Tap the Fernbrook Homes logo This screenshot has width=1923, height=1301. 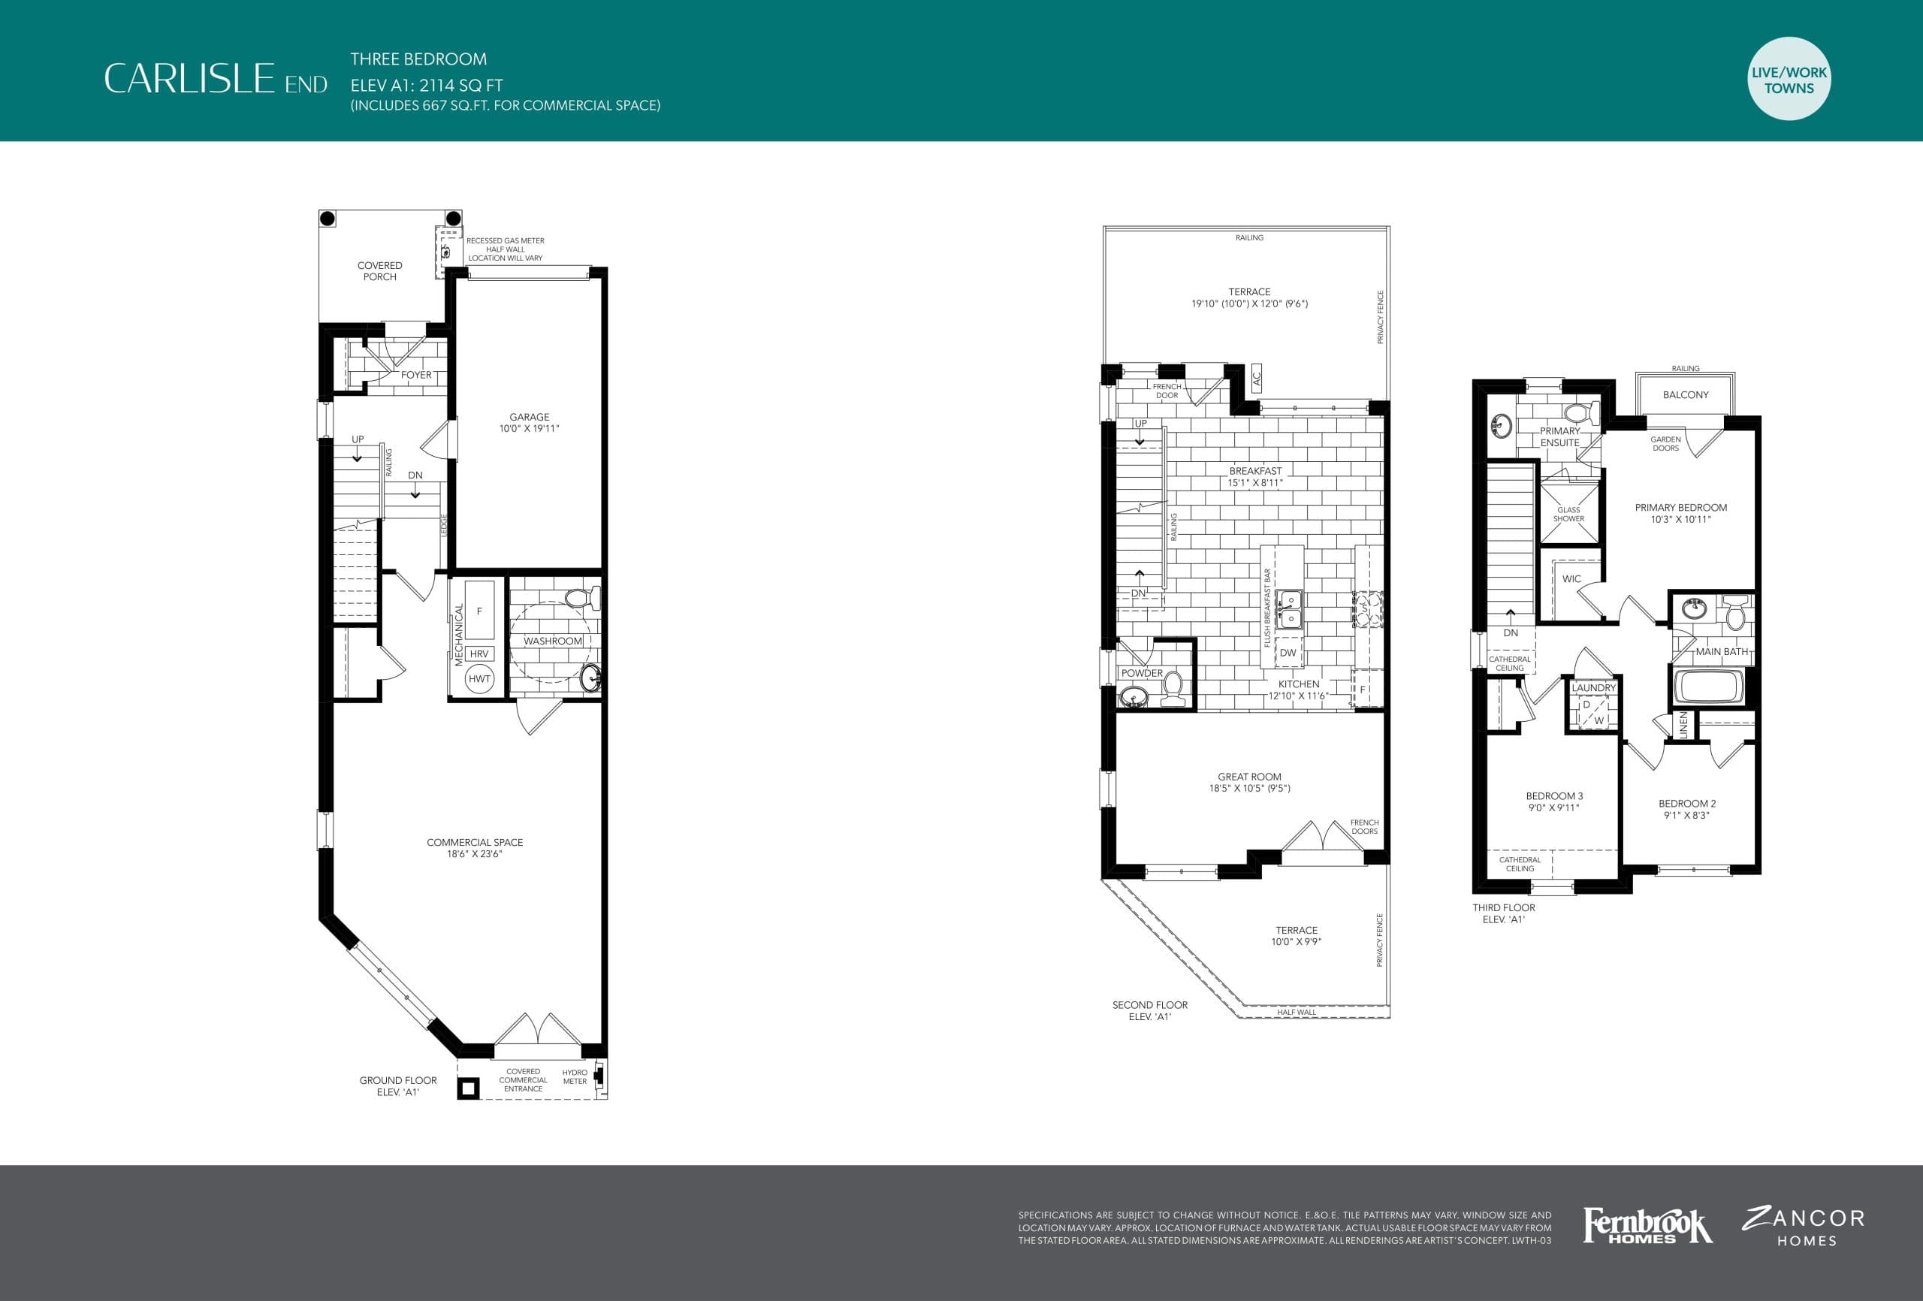[x=1647, y=1226]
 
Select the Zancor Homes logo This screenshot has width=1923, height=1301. [x=1804, y=1227]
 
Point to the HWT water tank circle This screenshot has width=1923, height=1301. [x=479, y=678]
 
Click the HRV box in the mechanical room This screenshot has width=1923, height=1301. [x=479, y=654]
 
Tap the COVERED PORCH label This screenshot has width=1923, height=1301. [x=380, y=270]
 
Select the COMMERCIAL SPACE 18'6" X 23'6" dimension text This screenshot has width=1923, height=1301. [x=474, y=853]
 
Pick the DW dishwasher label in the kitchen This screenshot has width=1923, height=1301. [x=1288, y=652]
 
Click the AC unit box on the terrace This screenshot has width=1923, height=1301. [x=1256, y=379]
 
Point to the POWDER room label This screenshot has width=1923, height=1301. [x=1141, y=673]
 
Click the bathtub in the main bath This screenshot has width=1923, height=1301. [x=1708, y=686]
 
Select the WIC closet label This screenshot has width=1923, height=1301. [x=1571, y=578]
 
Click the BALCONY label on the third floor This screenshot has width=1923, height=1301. [x=1685, y=395]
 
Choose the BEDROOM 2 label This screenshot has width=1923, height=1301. [x=1686, y=804]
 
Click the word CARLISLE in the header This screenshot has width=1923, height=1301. [x=189, y=79]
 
